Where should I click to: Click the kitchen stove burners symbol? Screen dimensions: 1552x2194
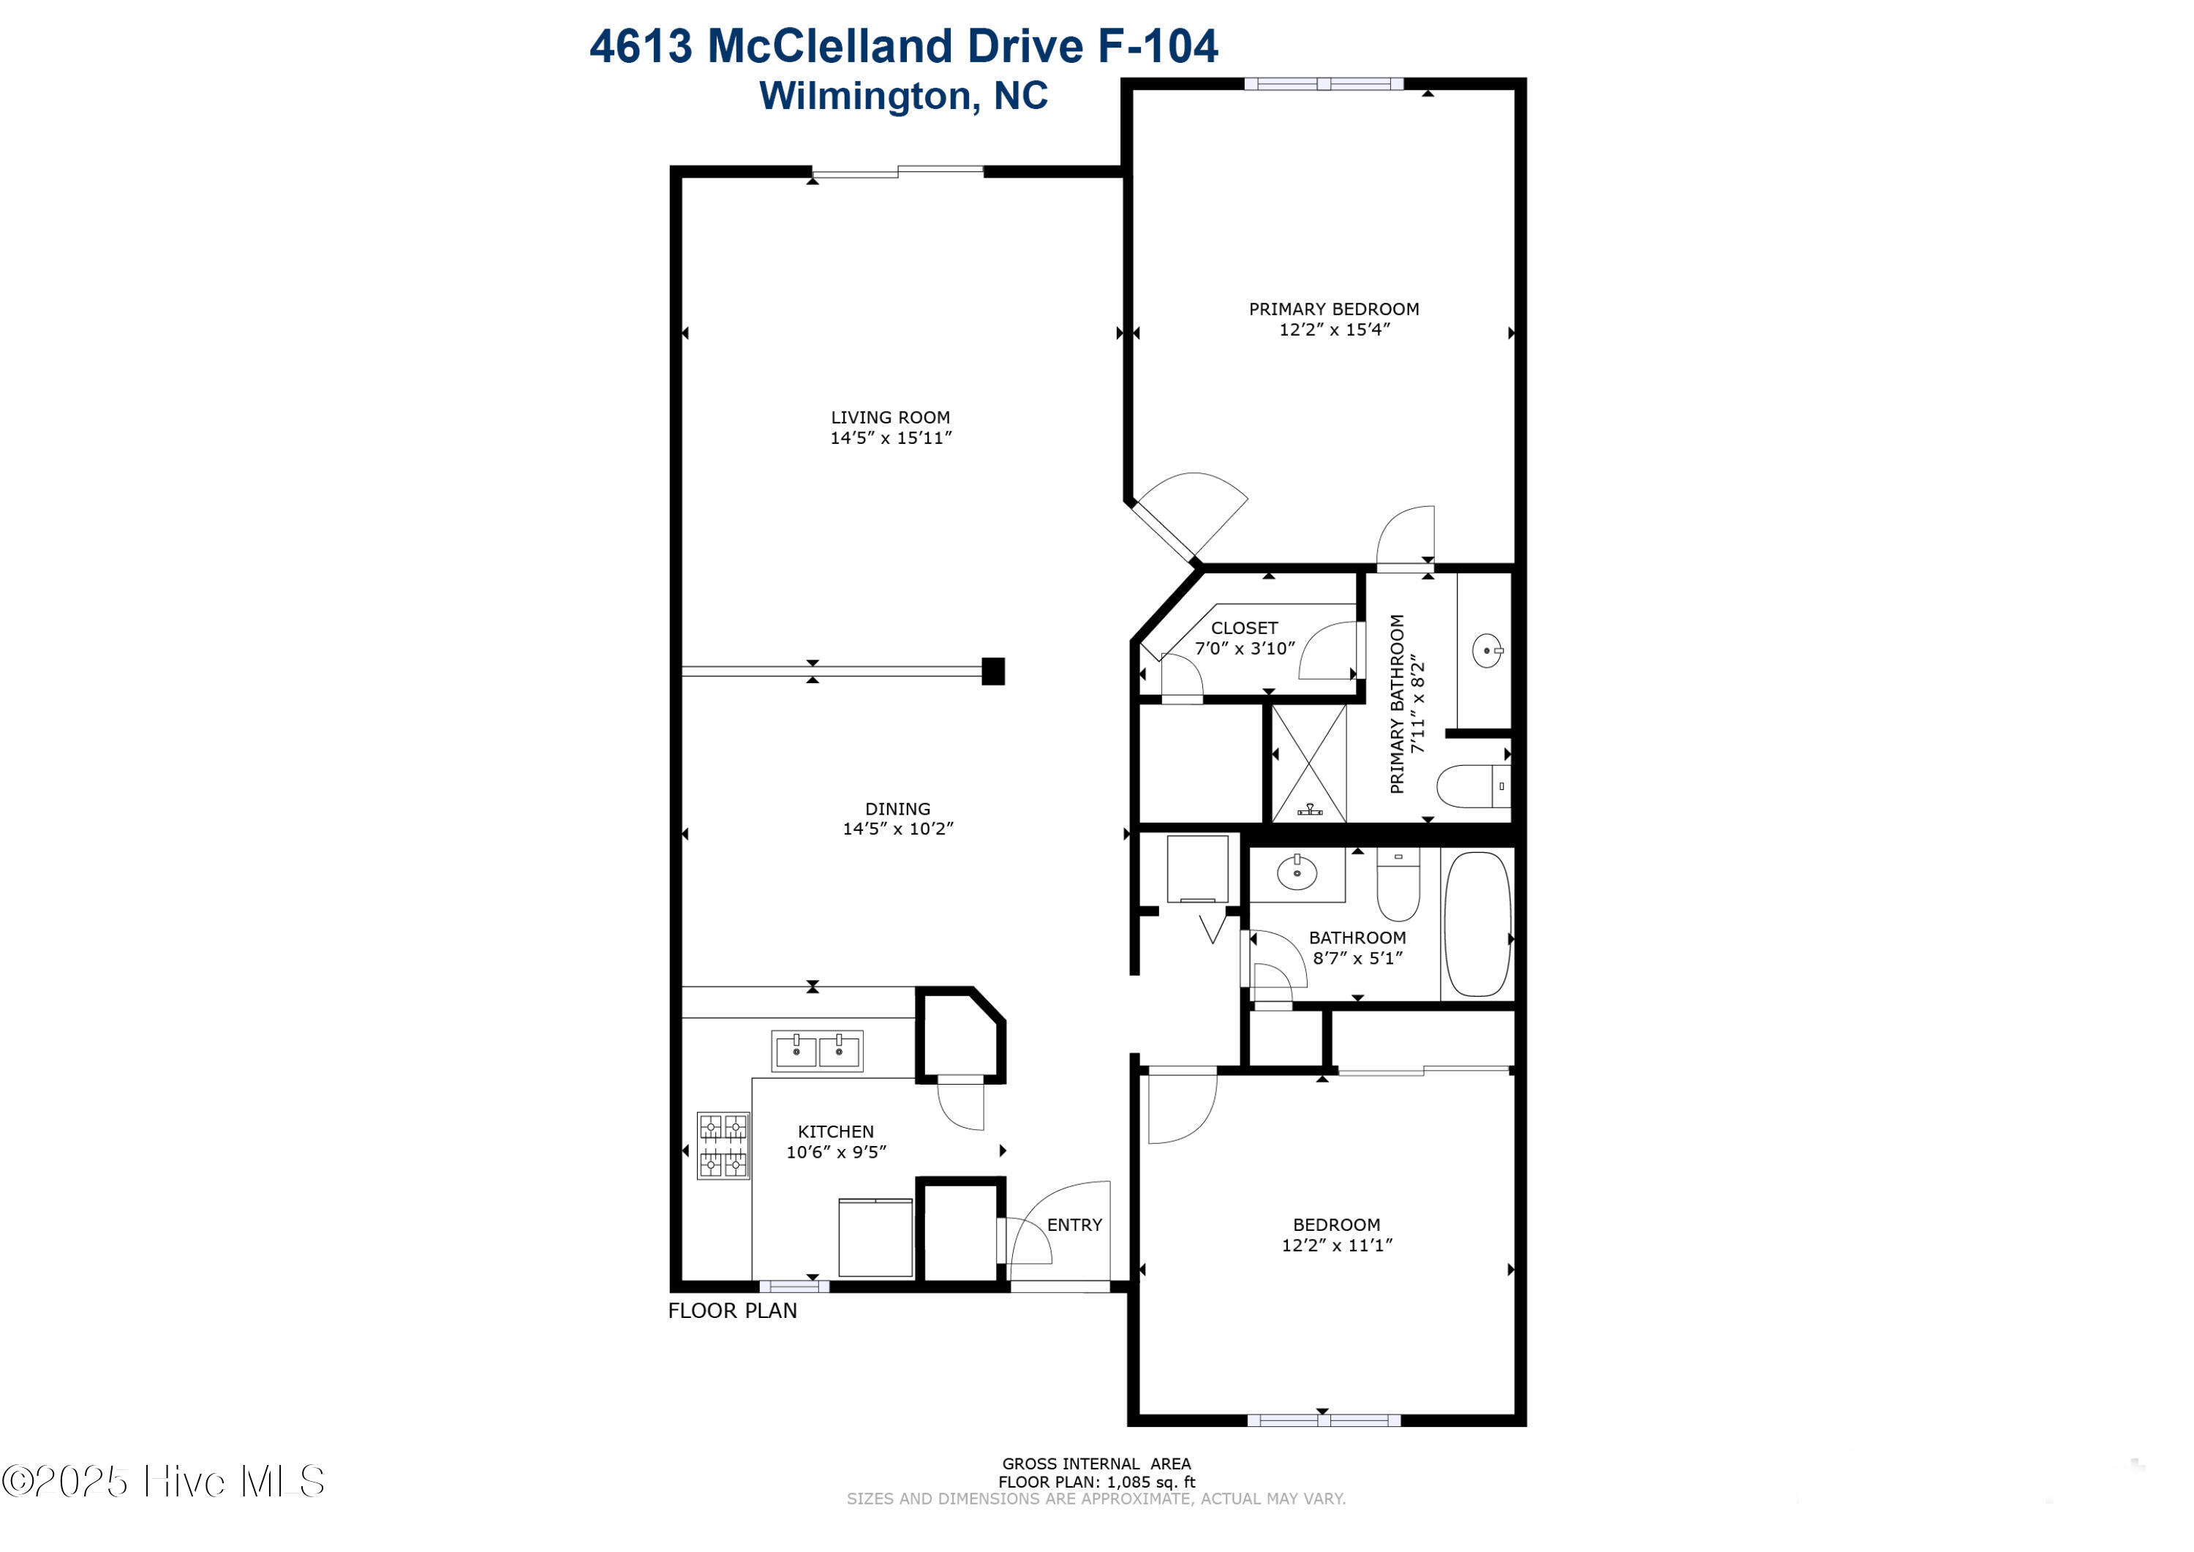723,1146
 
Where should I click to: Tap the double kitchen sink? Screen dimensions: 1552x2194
817,1051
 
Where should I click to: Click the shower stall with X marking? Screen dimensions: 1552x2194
1309,763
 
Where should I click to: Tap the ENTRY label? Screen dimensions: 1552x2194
1074,1225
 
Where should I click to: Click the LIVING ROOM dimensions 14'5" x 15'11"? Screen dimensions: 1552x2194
891,437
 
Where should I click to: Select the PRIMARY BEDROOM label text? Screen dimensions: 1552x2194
1334,309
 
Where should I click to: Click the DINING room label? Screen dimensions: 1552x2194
897,808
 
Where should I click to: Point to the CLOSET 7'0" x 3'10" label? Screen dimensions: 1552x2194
1244,638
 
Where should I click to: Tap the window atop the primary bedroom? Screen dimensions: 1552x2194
1324,84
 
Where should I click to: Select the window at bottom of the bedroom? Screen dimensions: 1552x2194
1324,1421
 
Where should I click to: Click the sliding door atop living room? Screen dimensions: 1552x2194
897,172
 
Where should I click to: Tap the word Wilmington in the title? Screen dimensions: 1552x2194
867,96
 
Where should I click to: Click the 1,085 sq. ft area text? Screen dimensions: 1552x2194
1150,1483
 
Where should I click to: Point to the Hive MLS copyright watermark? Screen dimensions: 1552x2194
163,1481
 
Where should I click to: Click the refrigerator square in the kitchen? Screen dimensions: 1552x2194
875,1238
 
